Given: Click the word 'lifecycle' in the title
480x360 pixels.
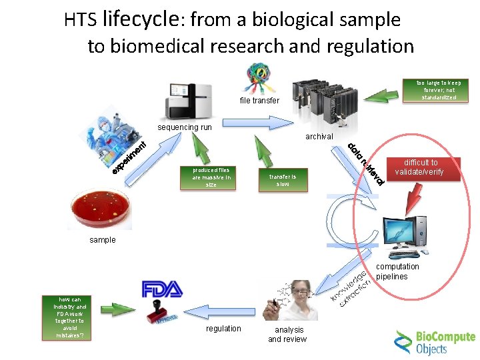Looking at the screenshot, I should click(x=139, y=20).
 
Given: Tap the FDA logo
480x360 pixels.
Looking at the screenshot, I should click(x=162, y=289).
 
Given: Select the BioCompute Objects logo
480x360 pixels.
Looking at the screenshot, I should click(x=434, y=341).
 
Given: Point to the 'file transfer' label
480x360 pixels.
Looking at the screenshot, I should click(x=260, y=101).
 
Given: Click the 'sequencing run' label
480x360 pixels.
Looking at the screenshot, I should click(x=184, y=127).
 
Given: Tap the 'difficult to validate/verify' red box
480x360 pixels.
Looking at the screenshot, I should click(x=418, y=167).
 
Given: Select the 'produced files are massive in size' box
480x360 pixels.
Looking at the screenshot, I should click(x=211, y=177).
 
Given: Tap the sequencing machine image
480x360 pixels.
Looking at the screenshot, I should click(x=189, y=99).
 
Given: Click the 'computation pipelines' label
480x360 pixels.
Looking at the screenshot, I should click(x=397, y=271).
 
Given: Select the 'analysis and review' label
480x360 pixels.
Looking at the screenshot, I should click(x=287, y=334).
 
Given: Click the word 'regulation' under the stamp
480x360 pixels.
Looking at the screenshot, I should click(x=223, y=329).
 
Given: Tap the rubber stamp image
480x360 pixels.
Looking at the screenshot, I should click(x=160, y=313).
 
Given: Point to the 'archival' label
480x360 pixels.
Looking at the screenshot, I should click(x=319, y=137).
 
